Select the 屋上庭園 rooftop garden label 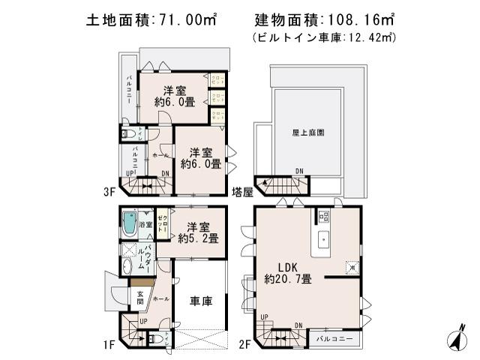(307, 132)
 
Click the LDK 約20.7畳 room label (288, 271)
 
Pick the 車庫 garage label (200, 301)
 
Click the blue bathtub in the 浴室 (129, 223)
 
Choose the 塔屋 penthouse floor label (242, 191)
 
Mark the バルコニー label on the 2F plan (335, 340)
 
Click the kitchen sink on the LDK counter (323, 241)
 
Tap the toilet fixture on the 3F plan (130, 135)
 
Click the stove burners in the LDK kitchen (323, 217)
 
